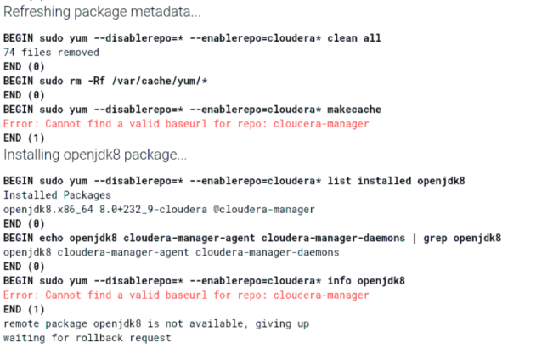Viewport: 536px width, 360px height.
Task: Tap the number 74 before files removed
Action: pyautogui.click(x=9, y=52)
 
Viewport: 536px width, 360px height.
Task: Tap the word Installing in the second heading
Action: pyautogui.click(x=31, y=155)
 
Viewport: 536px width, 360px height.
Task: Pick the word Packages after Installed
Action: pyautogui.click(x=84, y=195)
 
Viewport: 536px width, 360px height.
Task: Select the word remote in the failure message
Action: pyautogui.click(x=20, y=323)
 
